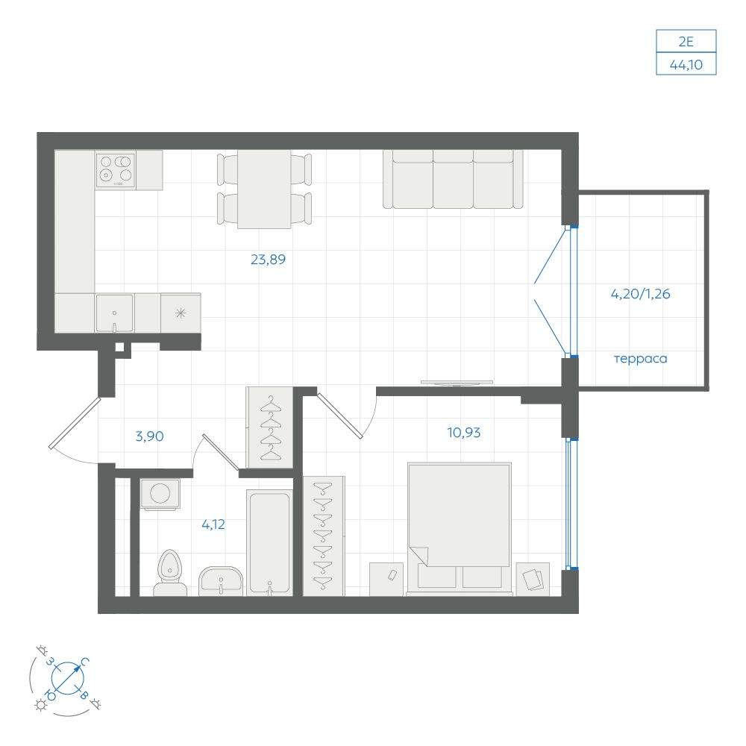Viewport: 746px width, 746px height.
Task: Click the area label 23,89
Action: coord(268,260)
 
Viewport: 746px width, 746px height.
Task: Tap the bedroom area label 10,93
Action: coord(464,433)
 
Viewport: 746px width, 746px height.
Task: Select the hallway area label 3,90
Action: coord(149,436)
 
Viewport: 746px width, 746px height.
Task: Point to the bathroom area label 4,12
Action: coord(213,524)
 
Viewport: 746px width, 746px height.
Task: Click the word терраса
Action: coord(640,359)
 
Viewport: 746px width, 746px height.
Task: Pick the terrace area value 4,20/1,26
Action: coord(640,294)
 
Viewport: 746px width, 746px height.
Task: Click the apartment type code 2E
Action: coord(686,42)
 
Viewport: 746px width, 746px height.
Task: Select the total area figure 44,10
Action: coord(686,64)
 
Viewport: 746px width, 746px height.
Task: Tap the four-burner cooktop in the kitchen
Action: coord(115,170)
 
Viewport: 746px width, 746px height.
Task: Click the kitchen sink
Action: coord(115,313)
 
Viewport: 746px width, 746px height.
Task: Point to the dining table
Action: coord(264,189)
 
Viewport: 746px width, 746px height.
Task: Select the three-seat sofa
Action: coord(453,179)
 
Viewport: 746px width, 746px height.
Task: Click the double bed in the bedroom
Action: coord(460,529)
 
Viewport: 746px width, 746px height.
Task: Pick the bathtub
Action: coord(269,543)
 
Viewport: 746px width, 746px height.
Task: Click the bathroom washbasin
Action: coord(221,580)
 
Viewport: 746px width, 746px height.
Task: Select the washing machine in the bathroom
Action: coord(160,494)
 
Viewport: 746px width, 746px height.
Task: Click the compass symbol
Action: coord(67,677)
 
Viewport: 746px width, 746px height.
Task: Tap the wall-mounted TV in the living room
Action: coord(457,383)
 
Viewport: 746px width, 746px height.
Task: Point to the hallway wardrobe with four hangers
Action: coord(270,427)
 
